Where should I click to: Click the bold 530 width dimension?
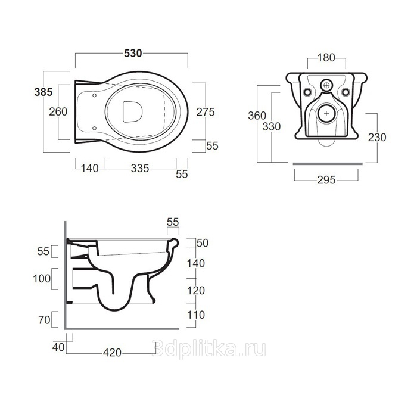click(133, 54)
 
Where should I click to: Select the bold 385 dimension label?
click(43, 92)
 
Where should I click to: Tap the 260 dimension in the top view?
click(58, 112)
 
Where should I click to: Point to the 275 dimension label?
click(206, 112)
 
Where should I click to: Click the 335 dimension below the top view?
click(140, 169)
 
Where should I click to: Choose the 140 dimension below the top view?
click(89, 169)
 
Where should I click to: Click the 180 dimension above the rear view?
click(326, 58)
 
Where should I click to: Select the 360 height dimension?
click(257, 116)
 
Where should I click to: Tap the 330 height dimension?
click(272, 126)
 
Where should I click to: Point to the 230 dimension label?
click(377, 138)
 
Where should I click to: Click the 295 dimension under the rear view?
click(326, 180)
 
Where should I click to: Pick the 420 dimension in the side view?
click(112, 353)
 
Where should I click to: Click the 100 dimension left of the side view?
click(42, 279)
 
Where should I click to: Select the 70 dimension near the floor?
click(45, 320)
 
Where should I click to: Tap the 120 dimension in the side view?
click(196, 291)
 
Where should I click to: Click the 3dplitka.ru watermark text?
click(210, 349)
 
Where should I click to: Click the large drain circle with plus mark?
click(326, 114)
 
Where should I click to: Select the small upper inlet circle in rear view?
click(326, 85)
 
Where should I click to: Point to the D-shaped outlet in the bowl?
click(132, 112)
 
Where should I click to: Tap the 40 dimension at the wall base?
click(58, 347)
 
